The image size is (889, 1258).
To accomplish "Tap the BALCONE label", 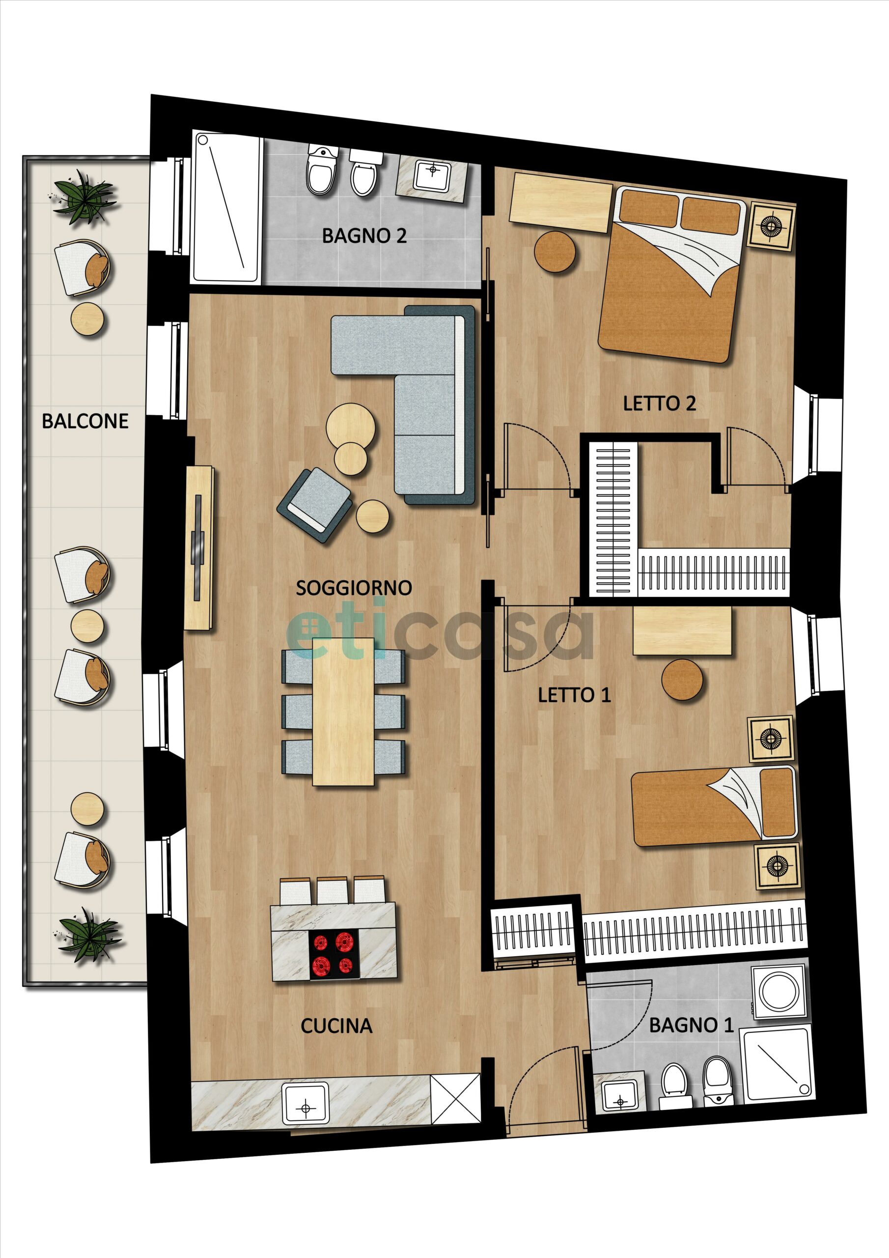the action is coord(85,421).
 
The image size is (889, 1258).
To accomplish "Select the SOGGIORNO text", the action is coord(354,588).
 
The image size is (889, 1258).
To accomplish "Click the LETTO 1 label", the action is coord(574,695).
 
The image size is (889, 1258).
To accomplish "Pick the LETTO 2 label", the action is coord(660,404).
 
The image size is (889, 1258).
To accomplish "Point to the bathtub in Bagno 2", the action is coord(226,206).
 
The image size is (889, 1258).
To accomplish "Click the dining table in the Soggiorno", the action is coord(343,711).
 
